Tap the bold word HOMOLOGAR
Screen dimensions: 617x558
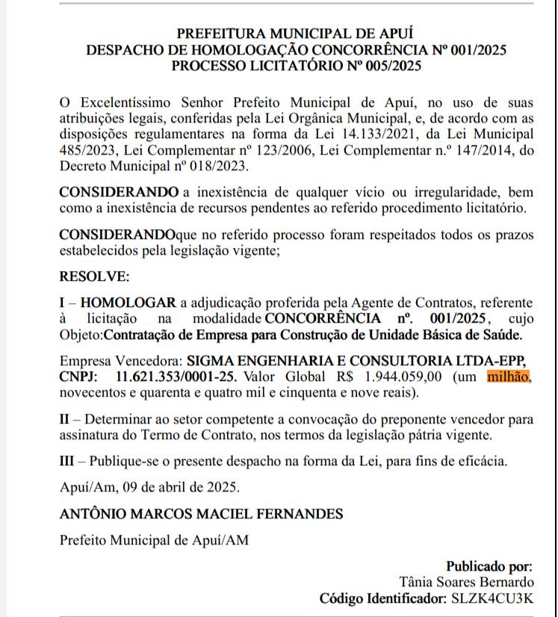(x=128, y=303)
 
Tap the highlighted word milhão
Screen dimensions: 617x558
(x=508, y=376)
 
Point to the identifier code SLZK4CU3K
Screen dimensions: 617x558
(x=492, y=598)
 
